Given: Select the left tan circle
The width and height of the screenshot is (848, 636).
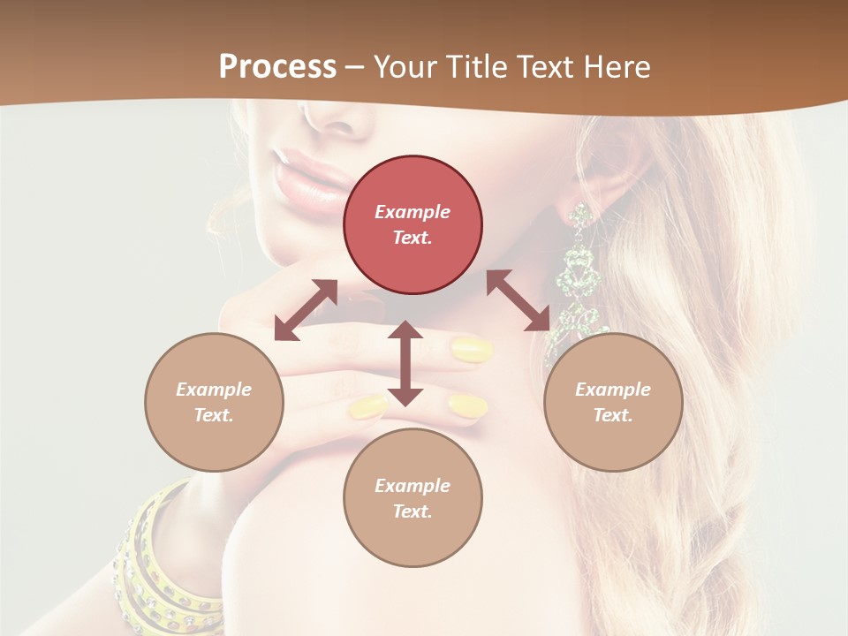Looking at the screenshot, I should pos(214,402).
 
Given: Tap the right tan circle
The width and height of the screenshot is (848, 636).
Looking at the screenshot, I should pos(613,402).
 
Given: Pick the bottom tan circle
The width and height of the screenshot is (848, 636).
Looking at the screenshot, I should pos(413,498).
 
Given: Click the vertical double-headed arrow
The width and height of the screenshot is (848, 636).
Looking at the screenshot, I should pos(405,363).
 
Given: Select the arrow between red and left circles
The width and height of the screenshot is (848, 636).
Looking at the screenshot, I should pos(306,310).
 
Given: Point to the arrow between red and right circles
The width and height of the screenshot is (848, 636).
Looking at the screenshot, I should pos(519,300).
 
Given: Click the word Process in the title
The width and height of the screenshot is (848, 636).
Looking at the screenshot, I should pos(277,66).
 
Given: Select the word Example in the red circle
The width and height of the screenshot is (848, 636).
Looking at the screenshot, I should pos(413,212).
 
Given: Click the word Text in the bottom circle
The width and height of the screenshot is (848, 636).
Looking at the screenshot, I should pos(413,511).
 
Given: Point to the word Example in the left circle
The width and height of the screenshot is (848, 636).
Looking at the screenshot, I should pos(214,390).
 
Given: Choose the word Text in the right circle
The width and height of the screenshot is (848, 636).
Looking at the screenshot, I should pos(613,415).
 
